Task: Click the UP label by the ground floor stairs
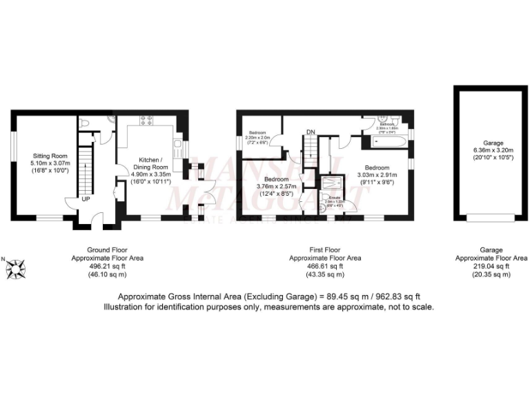[x=86, y=199]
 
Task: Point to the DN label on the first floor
[x=311, y=132]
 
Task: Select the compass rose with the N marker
[x=17, y=263]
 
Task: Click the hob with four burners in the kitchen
[x=146, y=119]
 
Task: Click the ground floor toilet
[x=84, y=123]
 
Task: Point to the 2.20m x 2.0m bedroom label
[x=257, y=138]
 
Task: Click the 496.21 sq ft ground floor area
[x=107, y=266]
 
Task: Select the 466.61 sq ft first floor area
[x=324, y=266]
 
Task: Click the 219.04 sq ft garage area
[x=491, y=266]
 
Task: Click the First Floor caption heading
[x=324, y=250]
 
